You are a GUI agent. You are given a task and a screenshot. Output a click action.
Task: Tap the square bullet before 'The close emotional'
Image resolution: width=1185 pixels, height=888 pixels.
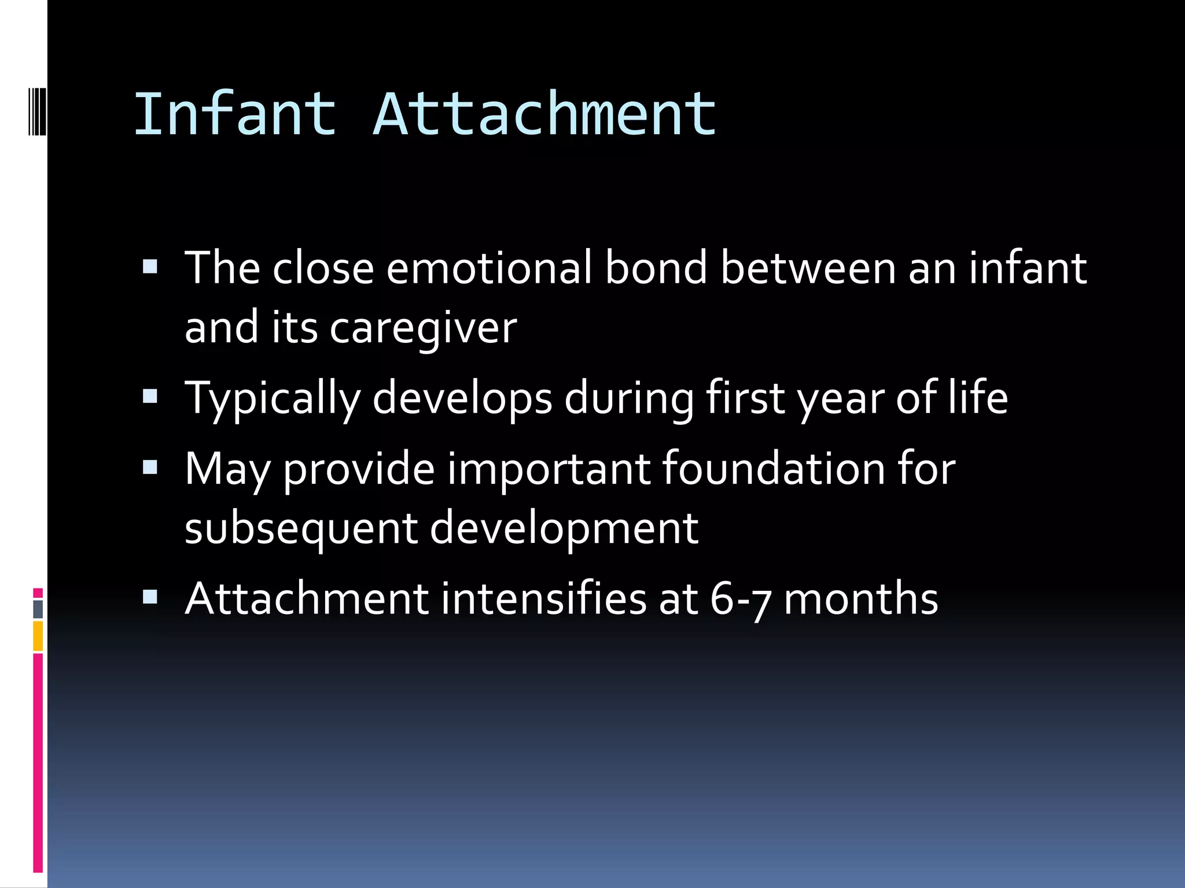coord(150,267)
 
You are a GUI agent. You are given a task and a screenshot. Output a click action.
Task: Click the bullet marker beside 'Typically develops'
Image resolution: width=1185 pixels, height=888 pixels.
coord(150,396)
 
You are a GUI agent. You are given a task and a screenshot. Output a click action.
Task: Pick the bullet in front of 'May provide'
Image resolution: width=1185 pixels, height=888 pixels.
coord(150,467)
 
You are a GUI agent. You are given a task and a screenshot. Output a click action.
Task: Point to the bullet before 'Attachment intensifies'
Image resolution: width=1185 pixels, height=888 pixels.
coord(150,597)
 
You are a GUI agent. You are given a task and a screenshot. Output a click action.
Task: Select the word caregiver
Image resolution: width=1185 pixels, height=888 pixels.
coord(423,328)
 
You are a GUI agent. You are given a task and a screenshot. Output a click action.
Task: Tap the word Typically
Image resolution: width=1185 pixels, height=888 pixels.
coord(273,398)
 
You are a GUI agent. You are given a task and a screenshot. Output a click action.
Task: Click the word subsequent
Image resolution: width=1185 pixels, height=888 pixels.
coord(301,528)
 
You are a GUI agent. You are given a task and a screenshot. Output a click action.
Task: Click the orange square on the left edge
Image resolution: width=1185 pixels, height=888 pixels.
coord(38,635)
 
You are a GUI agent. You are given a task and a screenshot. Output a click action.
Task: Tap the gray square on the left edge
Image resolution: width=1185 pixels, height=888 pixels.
coord(38,609)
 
